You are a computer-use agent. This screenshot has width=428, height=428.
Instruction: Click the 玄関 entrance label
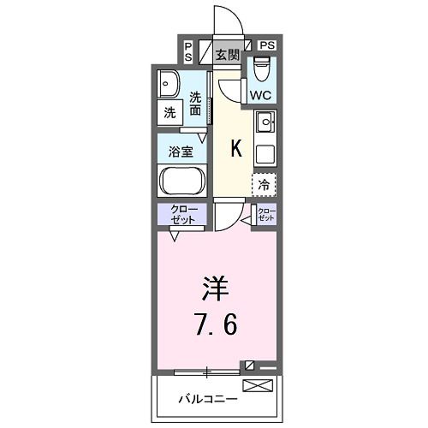click(x=227, y=56)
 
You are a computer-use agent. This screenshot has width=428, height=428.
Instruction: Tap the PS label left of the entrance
click(x=188, y=51)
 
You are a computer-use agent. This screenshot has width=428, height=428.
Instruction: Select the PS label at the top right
click(x=267, y=45)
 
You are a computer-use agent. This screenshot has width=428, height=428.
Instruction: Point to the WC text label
click(x=261, y=95)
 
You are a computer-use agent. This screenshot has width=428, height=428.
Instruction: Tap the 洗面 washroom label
click(x=196, y=103)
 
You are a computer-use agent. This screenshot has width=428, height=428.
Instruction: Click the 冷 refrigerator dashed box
click(x=264, y=182)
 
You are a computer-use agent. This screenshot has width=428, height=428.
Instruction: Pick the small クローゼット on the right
click(x=267, y=214)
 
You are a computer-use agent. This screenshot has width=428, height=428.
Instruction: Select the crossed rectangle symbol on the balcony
click(x=255, y=387)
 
